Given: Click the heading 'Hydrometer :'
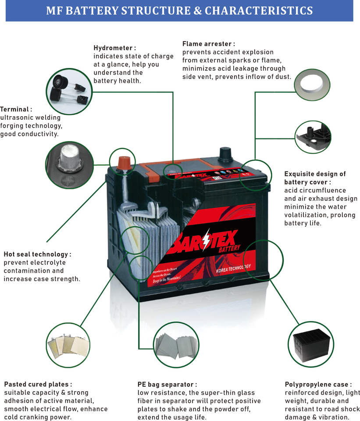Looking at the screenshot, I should (114, 48).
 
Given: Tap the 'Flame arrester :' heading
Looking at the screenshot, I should (208, 44).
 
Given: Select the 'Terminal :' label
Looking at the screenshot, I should (16, 109).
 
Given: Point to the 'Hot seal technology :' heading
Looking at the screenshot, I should (37, 254).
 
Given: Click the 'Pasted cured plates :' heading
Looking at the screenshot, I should (38, 384).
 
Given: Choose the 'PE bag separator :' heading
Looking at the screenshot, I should (167, 384).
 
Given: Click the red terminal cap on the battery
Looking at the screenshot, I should (123, 162).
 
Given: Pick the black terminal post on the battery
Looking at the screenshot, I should (225, 153).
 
